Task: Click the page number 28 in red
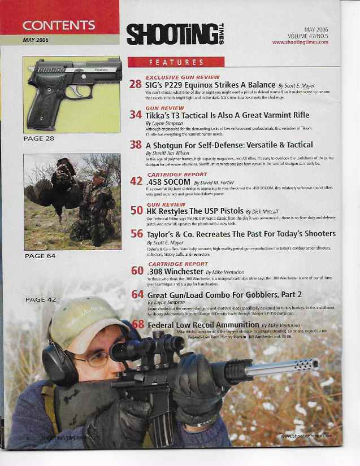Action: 135,85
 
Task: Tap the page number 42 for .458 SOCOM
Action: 136,182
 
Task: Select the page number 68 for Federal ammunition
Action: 138,325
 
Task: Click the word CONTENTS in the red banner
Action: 59,25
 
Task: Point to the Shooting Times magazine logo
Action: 173,33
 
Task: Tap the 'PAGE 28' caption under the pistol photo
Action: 39,137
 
